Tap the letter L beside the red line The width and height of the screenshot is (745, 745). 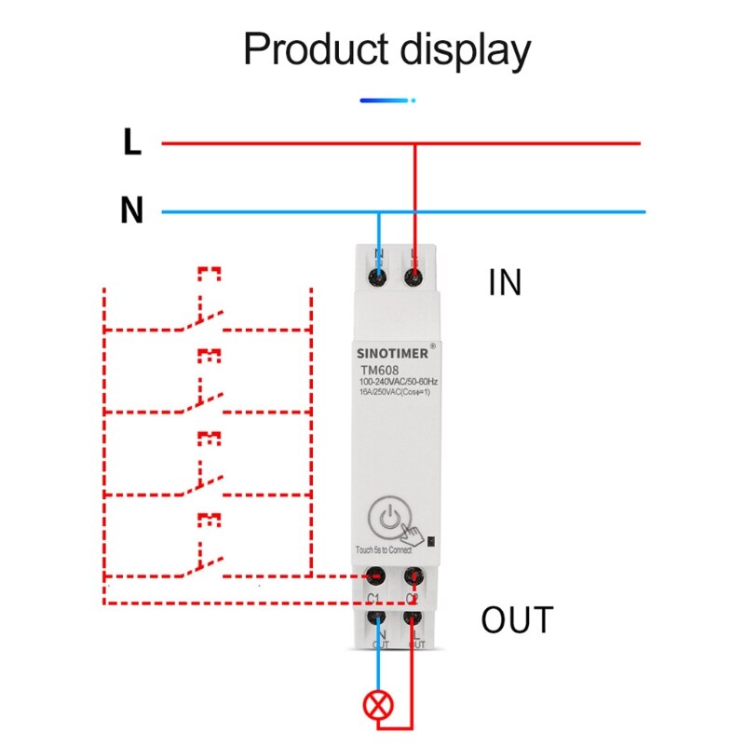pyautogui.click(x=132, y=142)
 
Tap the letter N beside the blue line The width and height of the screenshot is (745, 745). pyautogui.click(x=132, y=211)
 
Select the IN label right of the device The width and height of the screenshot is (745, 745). pyautogui.click(x=506, y=283)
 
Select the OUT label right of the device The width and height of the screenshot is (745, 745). pyautogui.click(x=517, y=619)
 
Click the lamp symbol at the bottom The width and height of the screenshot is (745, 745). pyautogui.click(x=378, y=705)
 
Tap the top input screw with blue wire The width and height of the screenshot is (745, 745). pyautogui.click(x=378, y=277)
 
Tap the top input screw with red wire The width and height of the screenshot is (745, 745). pyautogui.click(x=414, y=277)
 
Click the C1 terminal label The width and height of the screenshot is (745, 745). pyautogui.click(x=374, y=597)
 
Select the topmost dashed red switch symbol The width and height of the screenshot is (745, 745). pyautogui.click(x=202, y=317)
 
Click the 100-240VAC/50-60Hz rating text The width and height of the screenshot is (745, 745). pyautogui.click(x=399, y=383)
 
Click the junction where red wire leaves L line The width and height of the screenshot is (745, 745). pyautogui.click(x=414, y=143)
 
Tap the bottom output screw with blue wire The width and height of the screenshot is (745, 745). pyautogui.click(x=378, y=617)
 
